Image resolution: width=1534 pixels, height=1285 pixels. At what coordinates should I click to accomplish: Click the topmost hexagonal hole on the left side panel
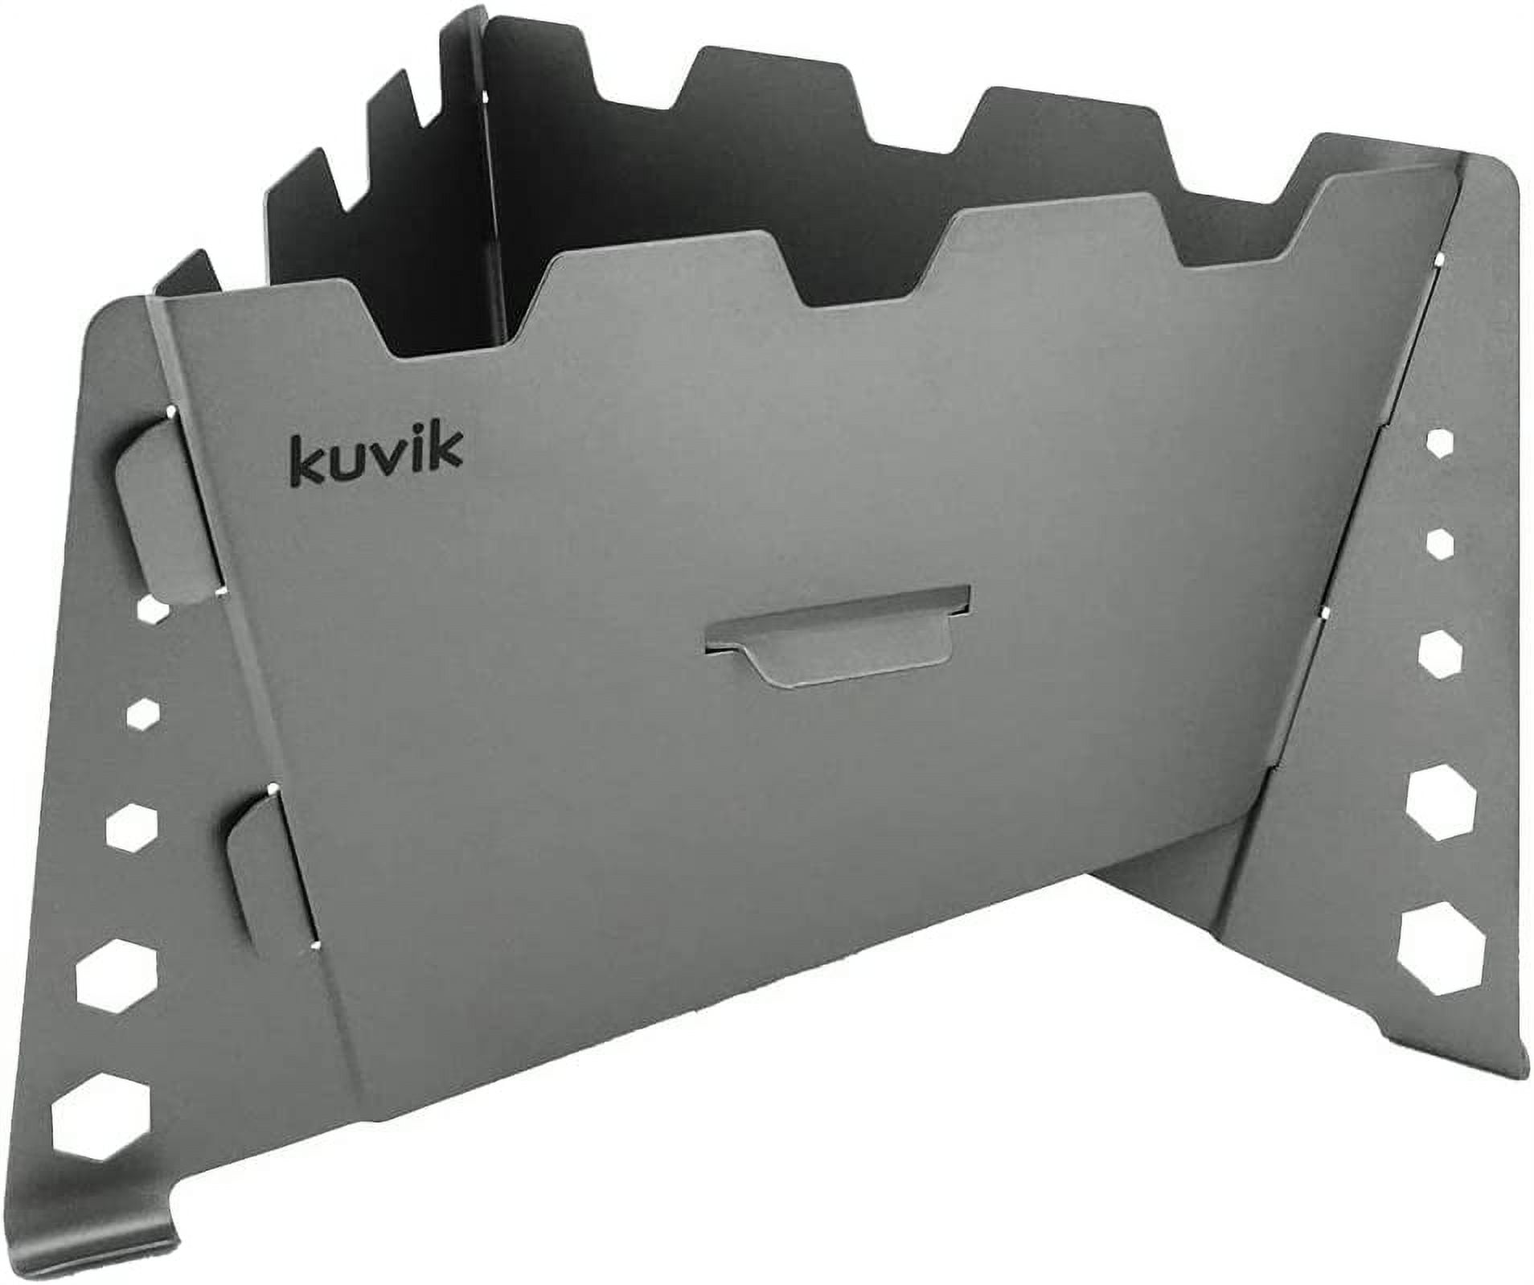154,611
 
